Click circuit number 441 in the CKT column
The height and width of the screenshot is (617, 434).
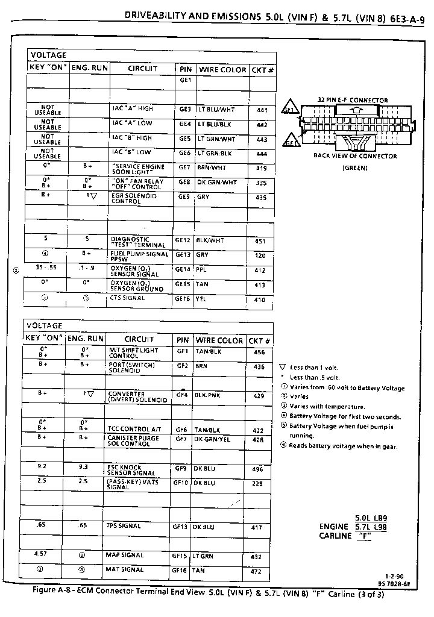click(261, 110)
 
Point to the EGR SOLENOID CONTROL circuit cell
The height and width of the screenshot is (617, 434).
click(134, 199)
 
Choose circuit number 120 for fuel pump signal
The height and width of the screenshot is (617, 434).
click(260, 255)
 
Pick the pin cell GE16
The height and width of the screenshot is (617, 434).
click(183, 299)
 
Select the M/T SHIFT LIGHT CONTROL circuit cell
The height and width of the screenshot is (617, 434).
click(133, 352)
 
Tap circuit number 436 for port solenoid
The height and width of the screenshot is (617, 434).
click(259, 366)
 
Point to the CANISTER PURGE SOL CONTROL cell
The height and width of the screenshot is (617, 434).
click(133, 441)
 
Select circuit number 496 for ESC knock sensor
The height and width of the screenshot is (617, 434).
click(257, 469)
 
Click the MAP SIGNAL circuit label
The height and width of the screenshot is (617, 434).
click(125, 556)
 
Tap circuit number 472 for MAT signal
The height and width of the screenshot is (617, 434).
click(257, 570)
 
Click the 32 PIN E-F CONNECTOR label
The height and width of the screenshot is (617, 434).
click(353, 100)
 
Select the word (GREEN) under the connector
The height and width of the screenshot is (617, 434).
click(354, 168)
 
